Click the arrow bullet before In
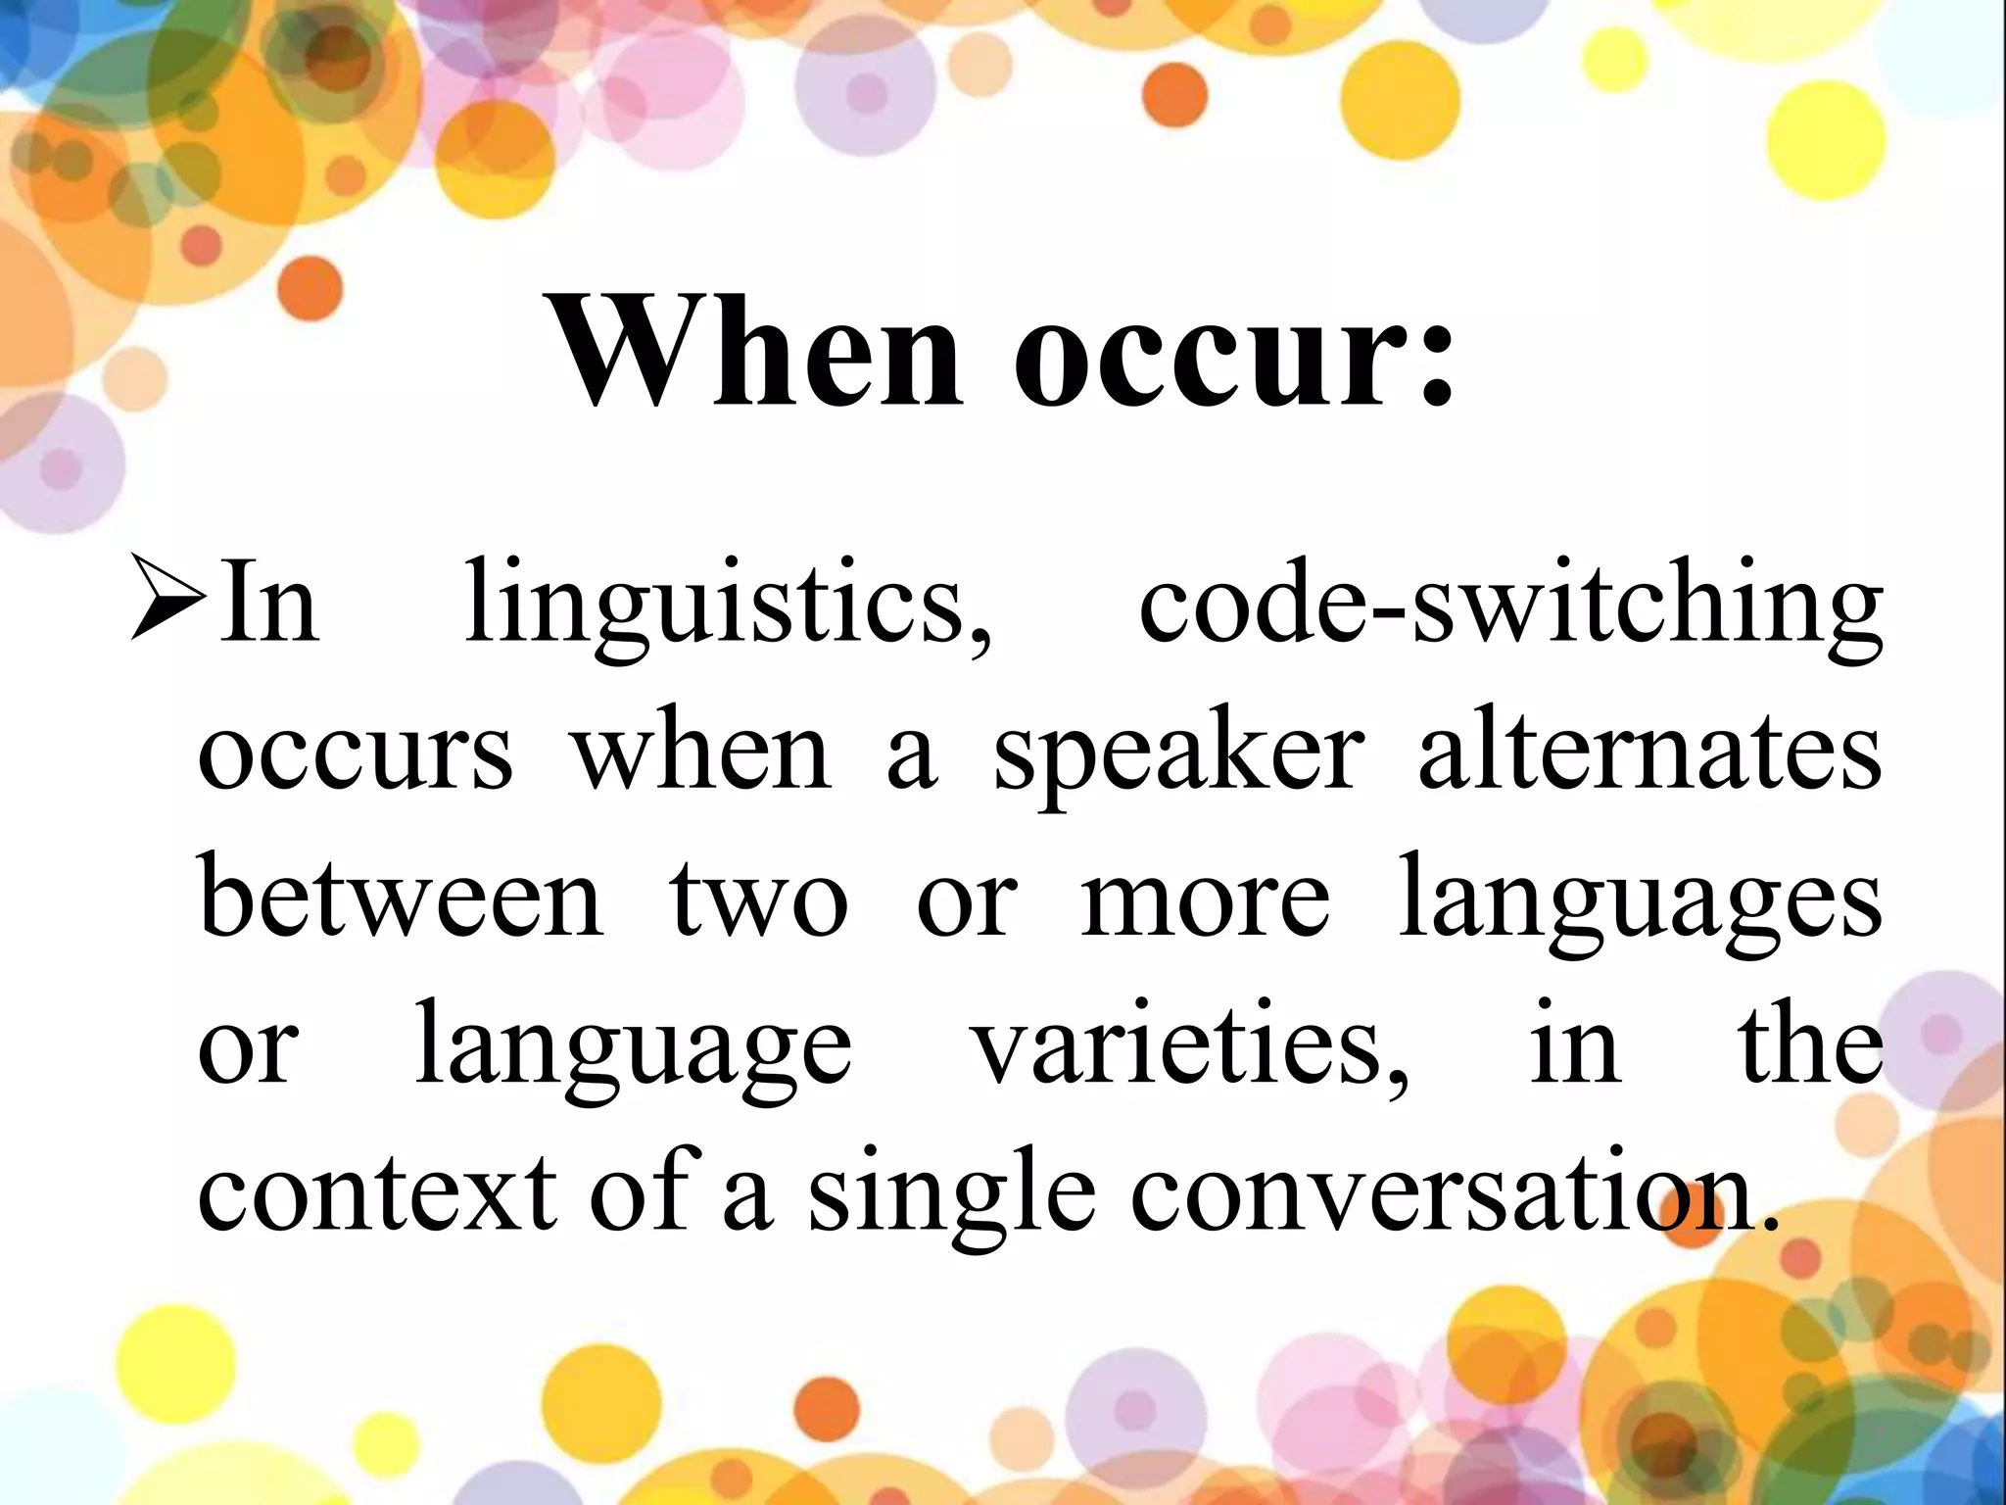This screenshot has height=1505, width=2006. [x=168, y=598]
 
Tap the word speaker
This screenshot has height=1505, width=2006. [x=1179, y=754]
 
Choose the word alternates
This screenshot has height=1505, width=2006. [x=1649, y=750]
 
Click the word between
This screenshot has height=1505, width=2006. [x=402, y=897]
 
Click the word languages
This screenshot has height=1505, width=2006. [x=1640, y=901]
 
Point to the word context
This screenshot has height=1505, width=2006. [x=377, y=1193]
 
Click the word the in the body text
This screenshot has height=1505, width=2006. [x=1811, y=1044]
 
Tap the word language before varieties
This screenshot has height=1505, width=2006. [x=634, y=1048]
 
